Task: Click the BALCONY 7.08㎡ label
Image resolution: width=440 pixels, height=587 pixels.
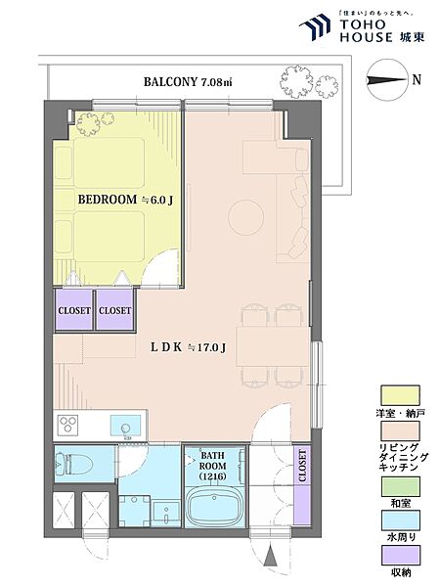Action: (188, 81)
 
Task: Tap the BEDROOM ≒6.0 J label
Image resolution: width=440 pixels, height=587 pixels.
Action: (125, 200)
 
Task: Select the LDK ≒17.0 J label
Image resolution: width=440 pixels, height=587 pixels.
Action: (188, 347)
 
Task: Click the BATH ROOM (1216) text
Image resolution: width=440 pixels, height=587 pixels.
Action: (212, 466)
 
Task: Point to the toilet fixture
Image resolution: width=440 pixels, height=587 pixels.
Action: (73, 464)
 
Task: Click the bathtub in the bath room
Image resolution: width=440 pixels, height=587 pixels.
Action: (214, 507)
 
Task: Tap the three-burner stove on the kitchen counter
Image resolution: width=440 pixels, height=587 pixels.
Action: (67, 425)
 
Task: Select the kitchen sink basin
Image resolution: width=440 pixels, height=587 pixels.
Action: (126, 427)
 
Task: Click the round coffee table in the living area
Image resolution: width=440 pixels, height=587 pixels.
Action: (246, 217)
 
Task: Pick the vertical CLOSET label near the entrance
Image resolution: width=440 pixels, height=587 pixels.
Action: (302, 466)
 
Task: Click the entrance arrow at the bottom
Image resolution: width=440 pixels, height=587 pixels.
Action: (270, 557)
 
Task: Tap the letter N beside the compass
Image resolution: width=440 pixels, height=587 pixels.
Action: (417, 80)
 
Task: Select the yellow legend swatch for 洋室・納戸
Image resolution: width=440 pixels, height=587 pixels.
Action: (400, 396)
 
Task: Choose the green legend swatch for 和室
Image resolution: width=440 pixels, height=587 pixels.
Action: (400, 486)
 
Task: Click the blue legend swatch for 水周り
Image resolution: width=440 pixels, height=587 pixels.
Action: (400, 520)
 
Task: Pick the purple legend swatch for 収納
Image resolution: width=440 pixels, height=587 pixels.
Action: (400, 555)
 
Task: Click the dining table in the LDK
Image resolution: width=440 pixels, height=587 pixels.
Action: (272, 346)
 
